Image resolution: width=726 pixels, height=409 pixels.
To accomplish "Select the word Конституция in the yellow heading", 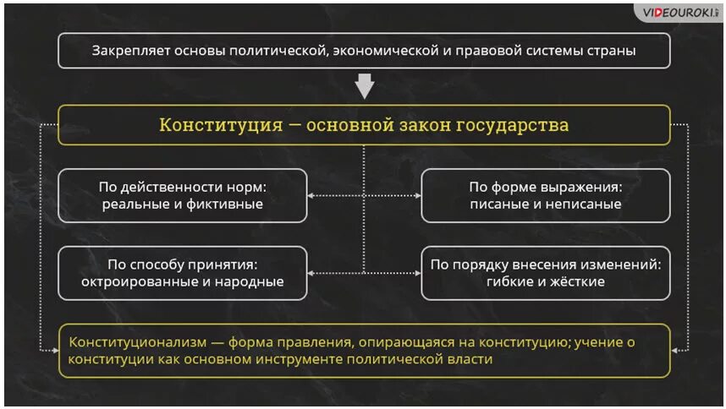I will coord(220,125).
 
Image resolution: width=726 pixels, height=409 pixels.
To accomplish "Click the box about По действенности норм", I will coord(182,195).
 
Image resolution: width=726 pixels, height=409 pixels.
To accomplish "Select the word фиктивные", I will coord(228,204).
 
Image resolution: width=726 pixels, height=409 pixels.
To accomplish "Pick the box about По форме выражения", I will coord(546,195).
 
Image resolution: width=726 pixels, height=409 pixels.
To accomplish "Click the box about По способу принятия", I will coord(182,273).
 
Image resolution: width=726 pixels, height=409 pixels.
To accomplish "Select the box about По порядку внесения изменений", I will coord(546,273).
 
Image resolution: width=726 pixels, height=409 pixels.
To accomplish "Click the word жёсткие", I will coord(577,281).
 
